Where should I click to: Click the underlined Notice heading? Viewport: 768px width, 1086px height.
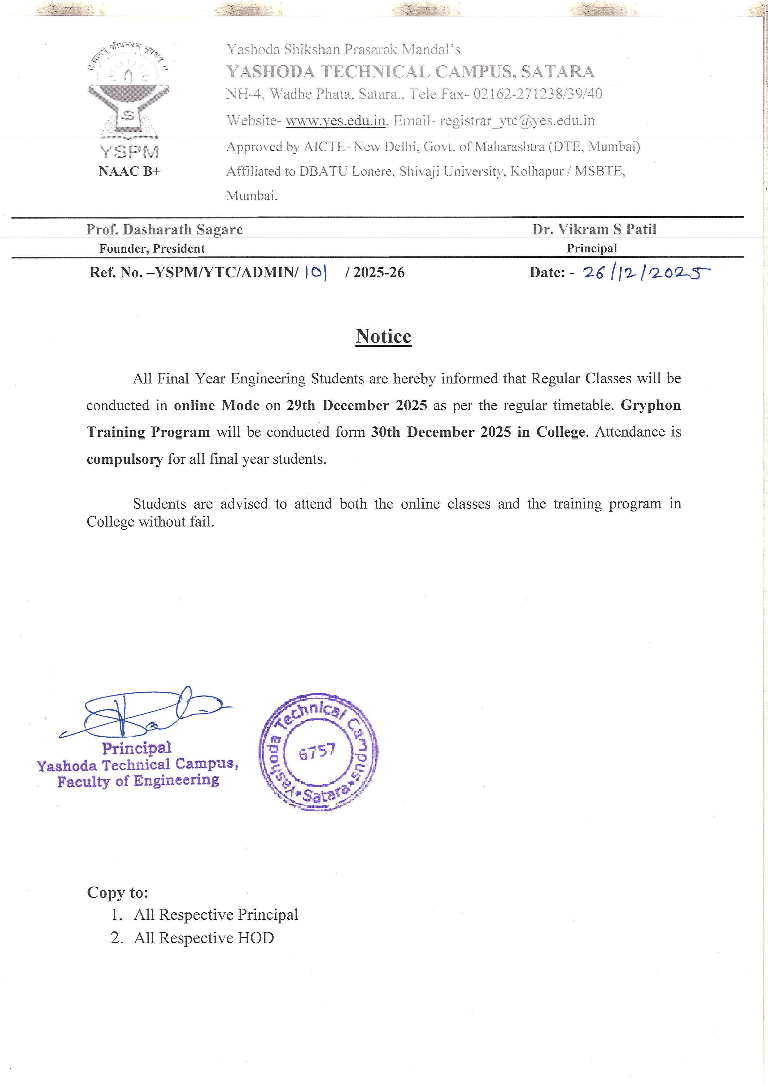(383, 336)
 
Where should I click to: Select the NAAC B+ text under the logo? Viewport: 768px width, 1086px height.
(129, 171)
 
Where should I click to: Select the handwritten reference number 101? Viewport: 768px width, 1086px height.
(316, 273)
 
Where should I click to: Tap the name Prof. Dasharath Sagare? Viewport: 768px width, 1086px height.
(164, 229)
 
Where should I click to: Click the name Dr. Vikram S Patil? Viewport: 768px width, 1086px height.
(594, 229)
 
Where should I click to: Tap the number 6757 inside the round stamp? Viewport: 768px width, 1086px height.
(317, 751)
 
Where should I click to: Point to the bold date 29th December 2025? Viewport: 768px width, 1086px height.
(356, 405)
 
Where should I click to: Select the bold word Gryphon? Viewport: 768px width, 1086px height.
(650, 405)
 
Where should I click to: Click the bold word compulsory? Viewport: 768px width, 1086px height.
(124, 459)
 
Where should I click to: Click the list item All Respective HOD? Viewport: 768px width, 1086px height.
(203, 938)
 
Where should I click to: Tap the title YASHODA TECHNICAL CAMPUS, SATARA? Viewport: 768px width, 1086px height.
(410, 72)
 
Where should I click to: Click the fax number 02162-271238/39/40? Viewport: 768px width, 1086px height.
(538, 94)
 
